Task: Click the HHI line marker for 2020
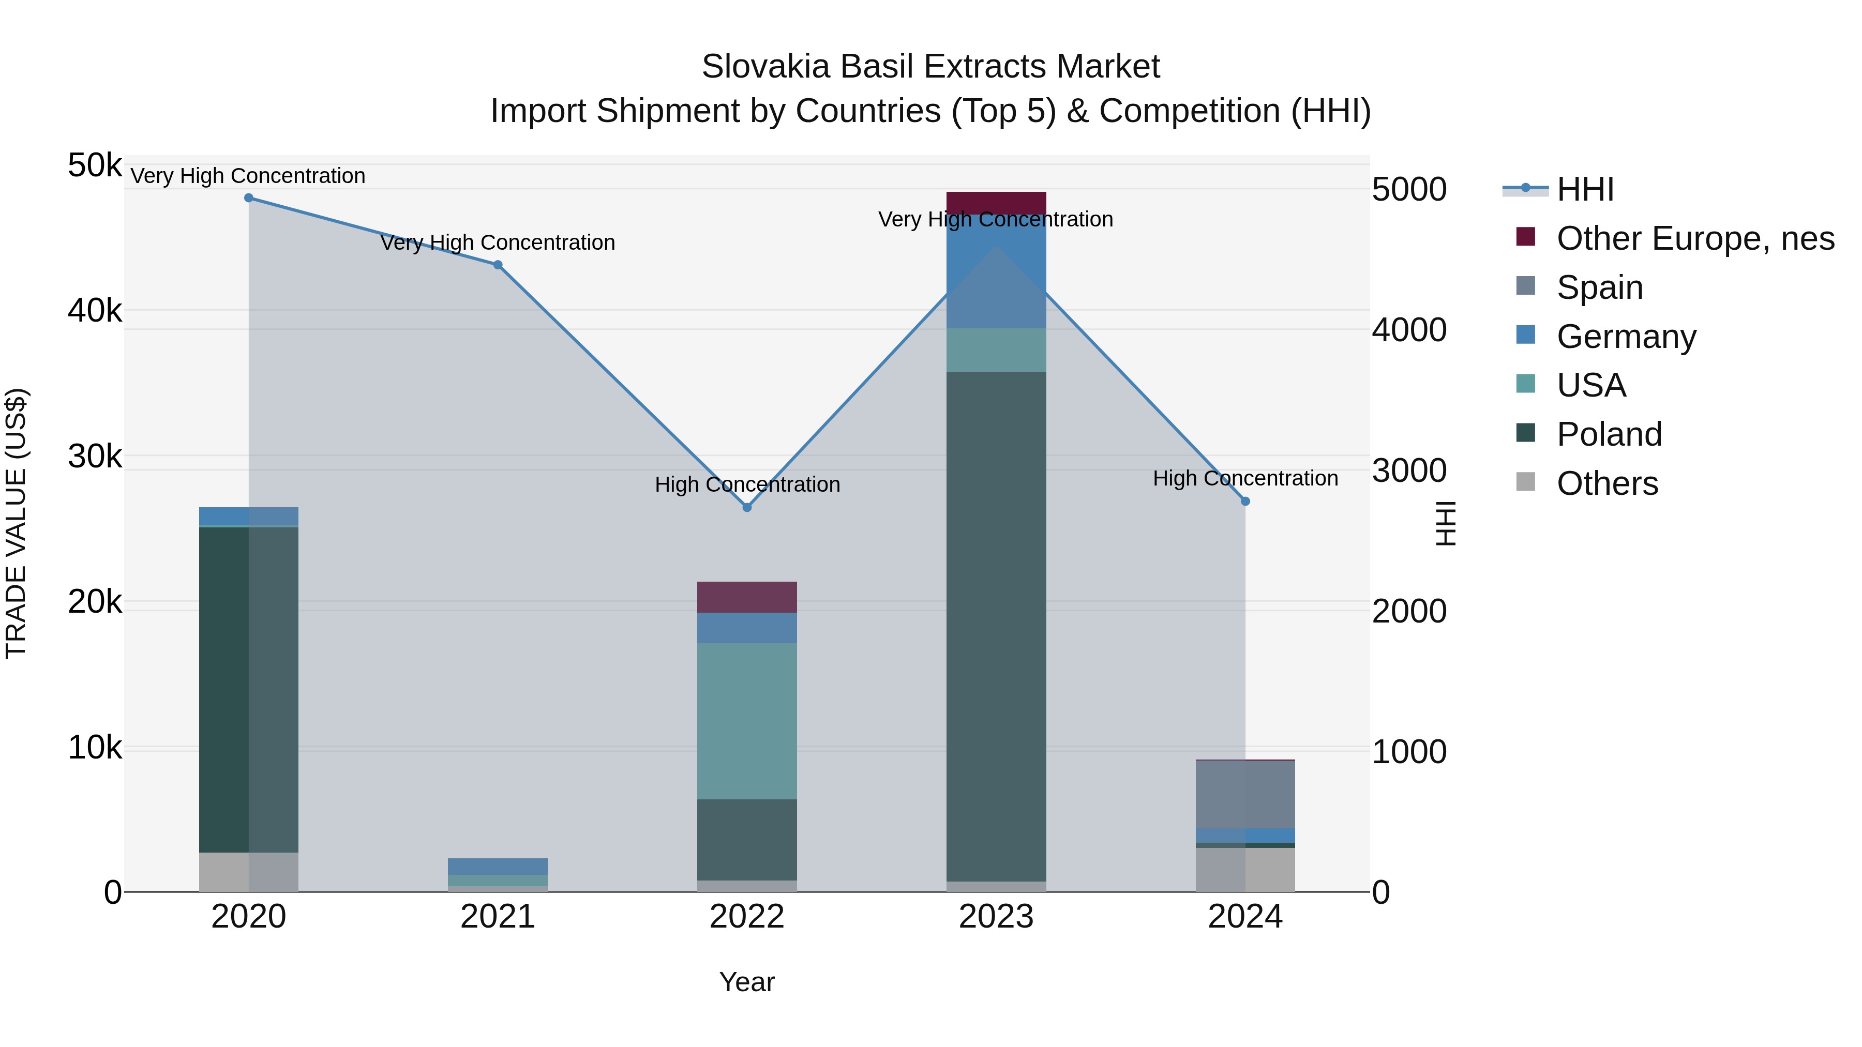pyautogui.click(x=249, y=198)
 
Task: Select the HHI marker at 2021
pyautogui.click(x=498, y=265)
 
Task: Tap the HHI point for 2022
pyautogui.click(x=747, y=508)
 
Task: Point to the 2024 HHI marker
pyautogui.click(x=1245, y=502)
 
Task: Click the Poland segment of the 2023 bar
pyautogui.click(x=996, y=626)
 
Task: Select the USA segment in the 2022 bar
pyautogui.click(x=747, y=721)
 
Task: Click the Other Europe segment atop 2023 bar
pyautogui.click(x=996, y=202)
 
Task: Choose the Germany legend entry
pyautogui.click(x=1626, y=337)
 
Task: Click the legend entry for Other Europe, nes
pyautogui.click(x=1694, y=238)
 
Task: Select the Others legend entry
pyautogui.click(x=1607, y=483)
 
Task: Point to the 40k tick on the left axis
pyautogui.click(x=95, y=311)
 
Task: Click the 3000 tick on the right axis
pyautogui.click(x=1409, y=471)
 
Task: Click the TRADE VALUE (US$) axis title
pyautogui.click(x=16, y=523)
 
